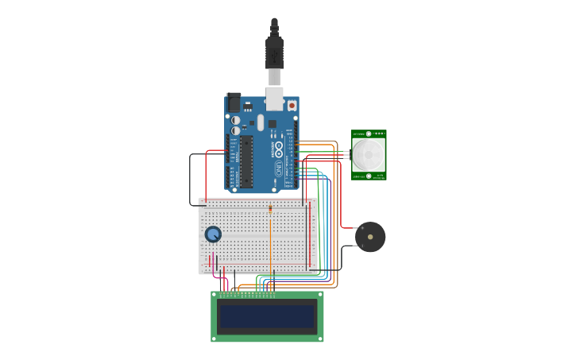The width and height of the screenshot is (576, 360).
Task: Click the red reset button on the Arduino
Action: coord(292,105)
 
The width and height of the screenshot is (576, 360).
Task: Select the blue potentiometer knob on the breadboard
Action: coord(213,234)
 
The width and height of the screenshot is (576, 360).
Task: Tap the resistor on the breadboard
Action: coord(270,209)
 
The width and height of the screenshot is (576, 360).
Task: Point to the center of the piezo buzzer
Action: coord(370,237)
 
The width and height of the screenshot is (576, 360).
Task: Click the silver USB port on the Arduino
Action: coord(274,98)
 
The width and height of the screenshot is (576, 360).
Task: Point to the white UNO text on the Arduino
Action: coord(279,168)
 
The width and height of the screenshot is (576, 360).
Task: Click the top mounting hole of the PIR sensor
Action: coord(369,134)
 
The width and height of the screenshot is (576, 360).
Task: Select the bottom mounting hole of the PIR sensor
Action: coord(369,176)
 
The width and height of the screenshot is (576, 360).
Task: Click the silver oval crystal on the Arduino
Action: coord(260,122)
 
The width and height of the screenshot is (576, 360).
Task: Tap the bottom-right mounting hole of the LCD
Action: coord(319,339)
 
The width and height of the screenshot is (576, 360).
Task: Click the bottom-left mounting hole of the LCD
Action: coord(215,339)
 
